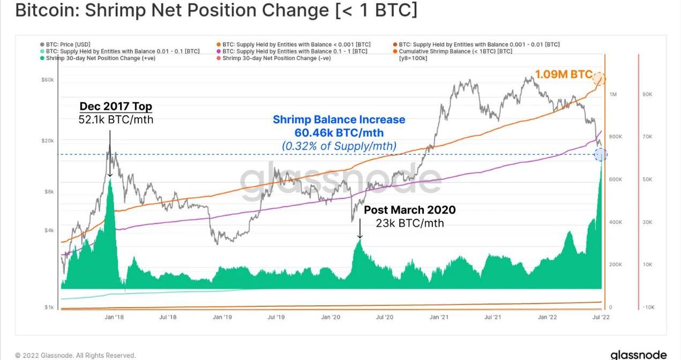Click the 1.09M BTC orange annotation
[x=564, y=75]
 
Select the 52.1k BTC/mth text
[x=116, y=119]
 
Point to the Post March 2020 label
[x=410, y=209]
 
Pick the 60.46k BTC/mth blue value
[x=339, y=132]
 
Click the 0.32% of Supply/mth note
[x=339, y=145]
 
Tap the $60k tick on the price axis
[x=48, y=80]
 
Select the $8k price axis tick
[x=49, y=191]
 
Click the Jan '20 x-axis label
[x=330, y=317]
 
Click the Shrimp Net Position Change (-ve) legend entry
[x=276, y=58]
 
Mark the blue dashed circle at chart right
[x=601, y=155]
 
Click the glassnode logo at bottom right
[x=638, y=355]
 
